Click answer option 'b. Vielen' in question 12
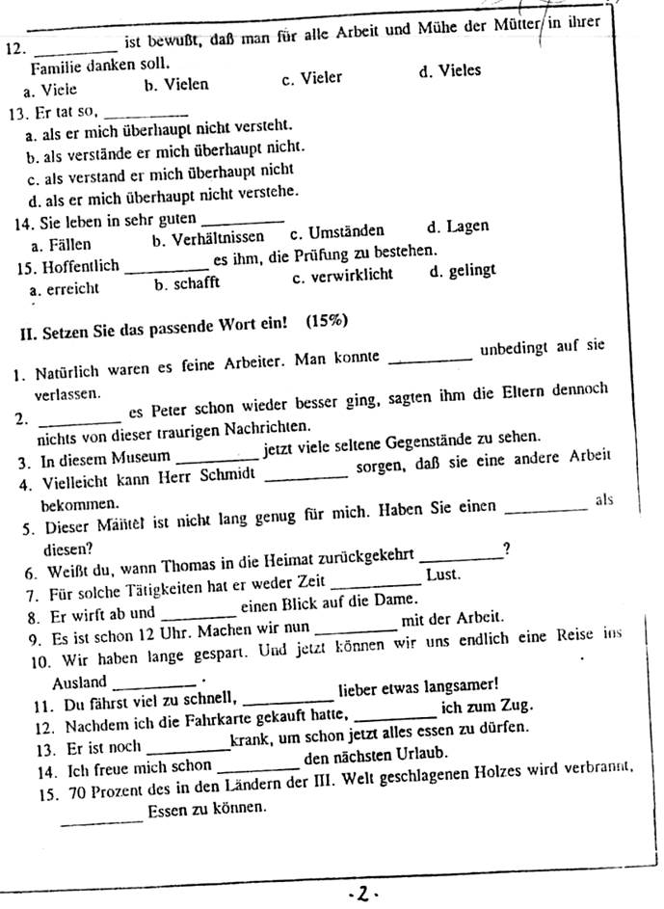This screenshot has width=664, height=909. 175,85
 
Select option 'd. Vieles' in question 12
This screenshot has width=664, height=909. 450,71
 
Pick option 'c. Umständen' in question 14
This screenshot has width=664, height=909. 336,231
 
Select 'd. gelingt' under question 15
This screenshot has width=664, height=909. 463,271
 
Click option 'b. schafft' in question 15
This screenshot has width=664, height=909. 187,283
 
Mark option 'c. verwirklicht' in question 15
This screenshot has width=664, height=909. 342,276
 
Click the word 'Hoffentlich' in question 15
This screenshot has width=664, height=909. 83,265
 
